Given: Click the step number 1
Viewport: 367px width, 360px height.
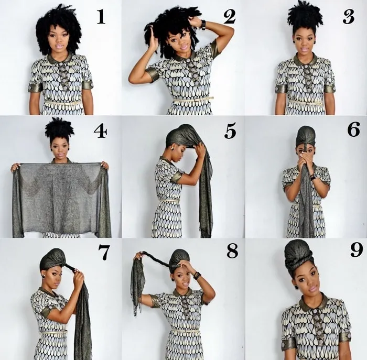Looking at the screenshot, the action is [x=101, y=17].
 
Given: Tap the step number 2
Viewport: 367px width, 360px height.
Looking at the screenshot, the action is [x=229, y=17].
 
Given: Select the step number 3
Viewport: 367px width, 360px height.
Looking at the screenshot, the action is [x=348, y=17].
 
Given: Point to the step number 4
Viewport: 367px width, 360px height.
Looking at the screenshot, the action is [x=101, y=131].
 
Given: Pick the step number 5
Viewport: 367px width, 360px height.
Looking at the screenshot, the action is [x=230, y=132].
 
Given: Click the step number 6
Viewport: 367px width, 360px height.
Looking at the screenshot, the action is [x=353, y=130].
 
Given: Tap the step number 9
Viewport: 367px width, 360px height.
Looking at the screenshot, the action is [x=357, y=250].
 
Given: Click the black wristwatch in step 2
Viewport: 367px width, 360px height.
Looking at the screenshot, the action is [x=203, y=25].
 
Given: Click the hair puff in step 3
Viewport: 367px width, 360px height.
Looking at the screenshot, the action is [x=305, y=16].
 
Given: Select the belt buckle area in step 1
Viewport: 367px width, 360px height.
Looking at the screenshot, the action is [x=63, y=102].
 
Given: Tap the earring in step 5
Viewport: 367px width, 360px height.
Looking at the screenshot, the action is [x=173, y=148].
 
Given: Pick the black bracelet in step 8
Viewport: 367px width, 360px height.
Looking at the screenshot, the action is [x=197, y=275].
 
